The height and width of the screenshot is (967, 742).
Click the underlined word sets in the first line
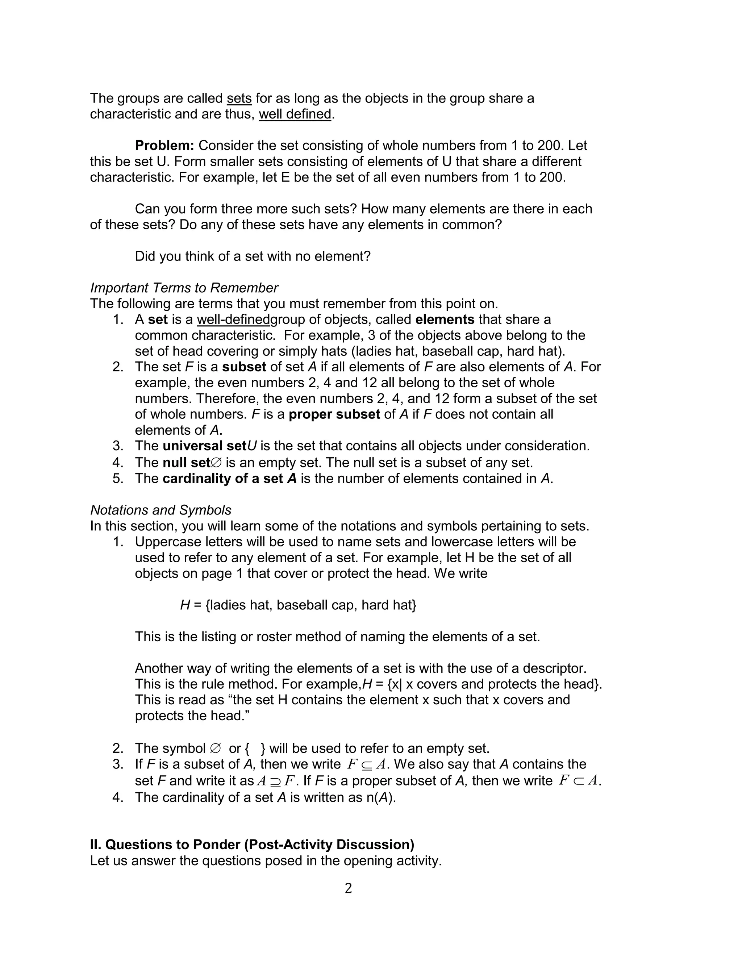click(239, 98)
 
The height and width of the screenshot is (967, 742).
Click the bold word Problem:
click(164, 145)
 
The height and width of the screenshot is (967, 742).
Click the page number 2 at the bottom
click(348, 888)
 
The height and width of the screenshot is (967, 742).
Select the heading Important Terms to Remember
click(184, 288)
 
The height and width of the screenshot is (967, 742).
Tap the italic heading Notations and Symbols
click(161, 510)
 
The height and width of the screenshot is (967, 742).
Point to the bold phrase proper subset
click(334, 414)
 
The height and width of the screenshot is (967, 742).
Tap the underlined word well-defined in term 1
click(233, 319)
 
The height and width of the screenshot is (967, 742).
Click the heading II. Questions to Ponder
click(252, 844)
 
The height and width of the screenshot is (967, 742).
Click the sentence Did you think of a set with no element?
click(253, 256)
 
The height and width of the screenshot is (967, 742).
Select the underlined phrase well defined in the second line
click(295, 114)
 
